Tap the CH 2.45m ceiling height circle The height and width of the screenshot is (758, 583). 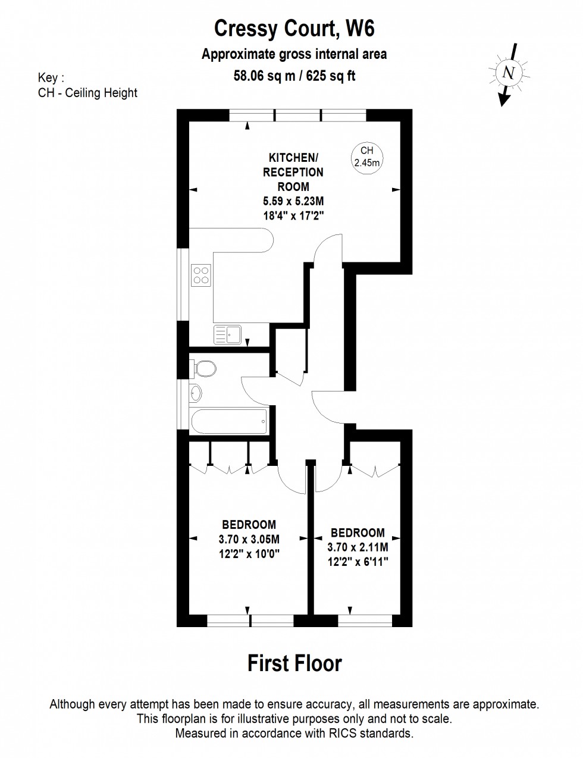click(366, 158)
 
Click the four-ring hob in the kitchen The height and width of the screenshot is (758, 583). click(201, 274)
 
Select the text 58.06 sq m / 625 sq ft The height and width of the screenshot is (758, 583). click(294, 76)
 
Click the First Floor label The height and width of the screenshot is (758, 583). click(294, 663)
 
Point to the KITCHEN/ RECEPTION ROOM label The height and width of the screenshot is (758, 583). click(293, 172)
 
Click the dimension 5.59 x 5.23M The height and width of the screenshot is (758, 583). click(293, 202)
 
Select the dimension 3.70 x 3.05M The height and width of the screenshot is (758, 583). click(249, 539)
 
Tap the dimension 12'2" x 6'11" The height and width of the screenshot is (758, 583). click(358, 561)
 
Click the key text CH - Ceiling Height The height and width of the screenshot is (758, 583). click(87, 93)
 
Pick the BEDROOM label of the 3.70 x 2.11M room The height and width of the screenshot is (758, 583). click(358, 533)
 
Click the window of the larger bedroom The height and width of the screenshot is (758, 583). click(250, 621)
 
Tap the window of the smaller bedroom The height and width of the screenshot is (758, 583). click(364, 621)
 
